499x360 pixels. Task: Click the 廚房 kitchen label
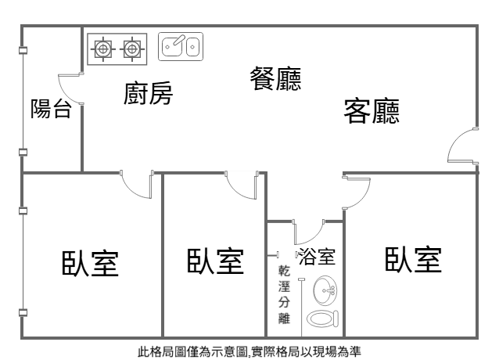[x=148, y=94]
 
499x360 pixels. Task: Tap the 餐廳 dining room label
[x=275, y=77]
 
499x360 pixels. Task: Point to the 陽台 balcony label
[x=51, y=109]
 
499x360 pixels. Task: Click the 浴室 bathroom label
[x=318, y=257]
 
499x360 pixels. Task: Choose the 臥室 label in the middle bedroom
[x=214, y=261]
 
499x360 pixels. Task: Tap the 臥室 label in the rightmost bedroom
[x=413, y=259]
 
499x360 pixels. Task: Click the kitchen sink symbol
[x=180, y=47]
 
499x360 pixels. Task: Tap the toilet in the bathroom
[x=321, y=319]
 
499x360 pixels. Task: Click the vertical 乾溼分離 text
[x=284, y=295]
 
